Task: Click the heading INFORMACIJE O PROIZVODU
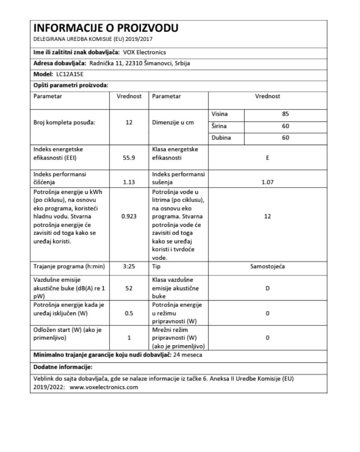click(x=106, y=28)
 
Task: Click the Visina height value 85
click(x=285, y=114)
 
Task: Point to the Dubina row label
click(x=221, y=138)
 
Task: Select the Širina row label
click(x=220, y=126)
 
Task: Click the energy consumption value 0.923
click(x=129, y=216)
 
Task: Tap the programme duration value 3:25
click(x=129, y=267)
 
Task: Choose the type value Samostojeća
click(x=268, y=267)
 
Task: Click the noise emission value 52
click(x=129, y=289)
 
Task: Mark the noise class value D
click(x=268, y=289)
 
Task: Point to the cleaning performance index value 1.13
click(x=129, y=182)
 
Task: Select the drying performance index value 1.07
click(x=268, y=182)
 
